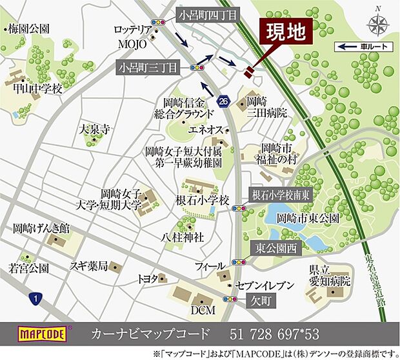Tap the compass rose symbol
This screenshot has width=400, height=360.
click(x=377, y=25)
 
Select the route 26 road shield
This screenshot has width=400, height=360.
click(x=223, y=101)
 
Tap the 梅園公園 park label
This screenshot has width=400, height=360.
click(x=28, y=29)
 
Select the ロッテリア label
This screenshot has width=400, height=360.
click(x=132, y=30)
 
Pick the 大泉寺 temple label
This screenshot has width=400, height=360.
click(x=93, y=129)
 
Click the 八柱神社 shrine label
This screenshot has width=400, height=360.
click(x=183, y=237)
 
